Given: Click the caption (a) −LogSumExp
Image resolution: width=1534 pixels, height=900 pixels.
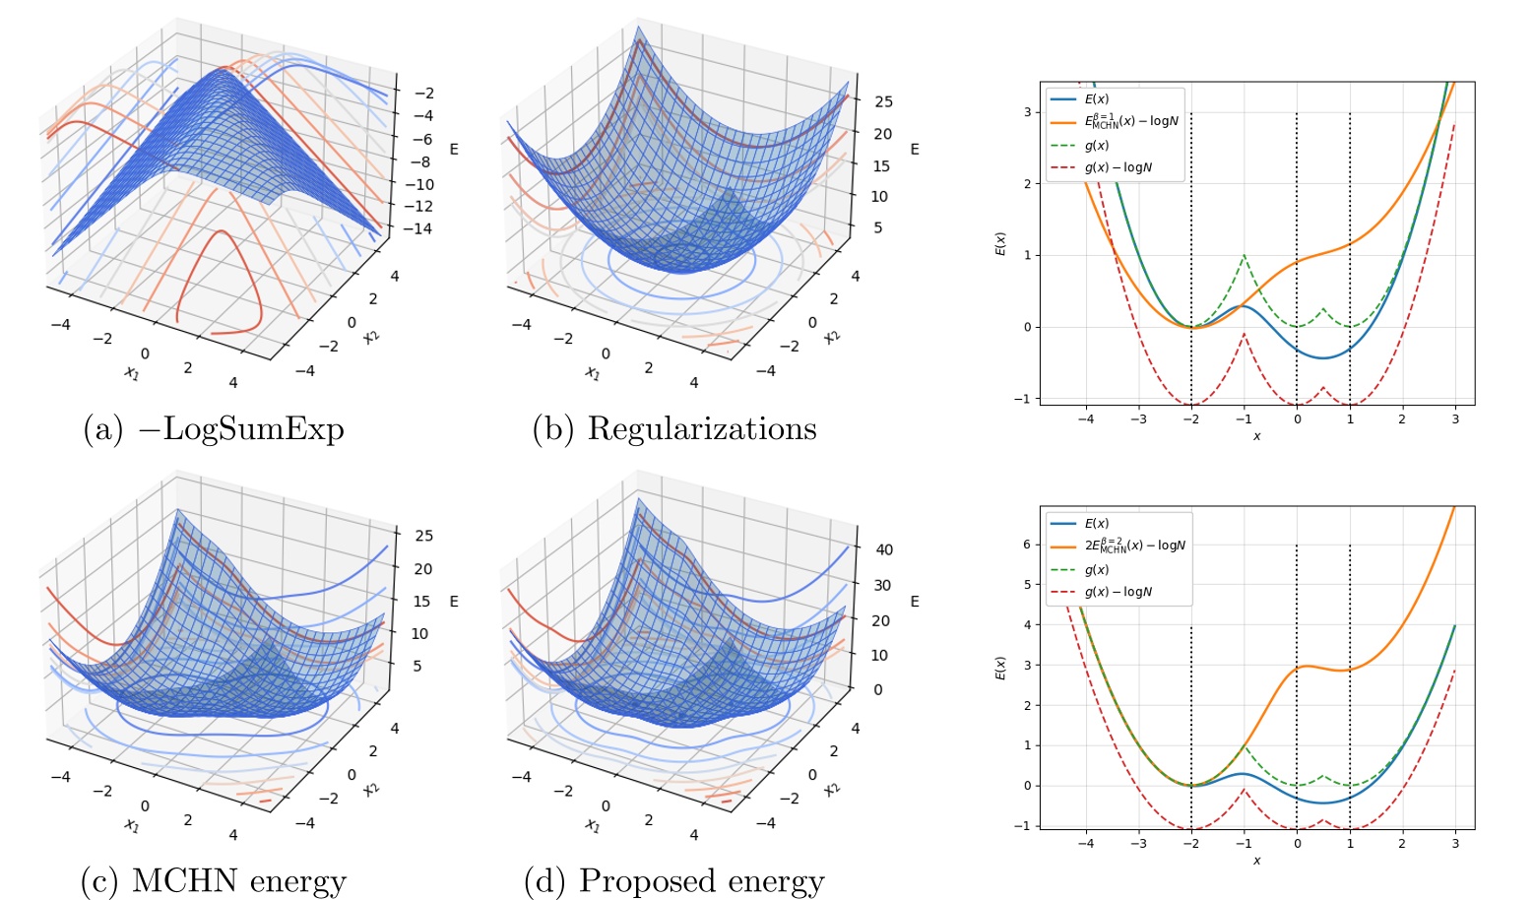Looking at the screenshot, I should [214, 429].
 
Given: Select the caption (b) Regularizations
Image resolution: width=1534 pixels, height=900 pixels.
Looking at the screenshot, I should [674, 429].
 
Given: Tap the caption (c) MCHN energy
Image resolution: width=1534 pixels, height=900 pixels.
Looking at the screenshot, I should [214, 880].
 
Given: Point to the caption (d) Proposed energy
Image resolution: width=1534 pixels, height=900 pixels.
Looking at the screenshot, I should [674, 880].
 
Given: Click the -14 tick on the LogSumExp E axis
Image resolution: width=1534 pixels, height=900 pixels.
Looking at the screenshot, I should [422, 228].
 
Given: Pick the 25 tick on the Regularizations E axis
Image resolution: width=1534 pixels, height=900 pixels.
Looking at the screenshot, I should [883, 101].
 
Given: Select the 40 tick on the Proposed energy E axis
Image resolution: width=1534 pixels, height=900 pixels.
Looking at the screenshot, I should [883, 550].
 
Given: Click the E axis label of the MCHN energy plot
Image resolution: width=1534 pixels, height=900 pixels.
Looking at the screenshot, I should [454, 601].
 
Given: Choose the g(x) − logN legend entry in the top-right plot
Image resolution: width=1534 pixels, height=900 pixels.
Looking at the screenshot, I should [1118, 167].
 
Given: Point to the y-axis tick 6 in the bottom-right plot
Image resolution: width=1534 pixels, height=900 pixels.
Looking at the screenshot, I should [1027, 545].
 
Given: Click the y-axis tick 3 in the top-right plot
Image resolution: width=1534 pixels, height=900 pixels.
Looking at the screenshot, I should [1027, 112].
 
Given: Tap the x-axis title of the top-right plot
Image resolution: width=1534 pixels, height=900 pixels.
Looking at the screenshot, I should [1256, 436].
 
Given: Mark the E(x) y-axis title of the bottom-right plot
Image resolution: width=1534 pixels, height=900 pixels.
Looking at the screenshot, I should [1000, 669].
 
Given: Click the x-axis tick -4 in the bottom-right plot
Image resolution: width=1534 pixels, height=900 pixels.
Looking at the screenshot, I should [1085, 843].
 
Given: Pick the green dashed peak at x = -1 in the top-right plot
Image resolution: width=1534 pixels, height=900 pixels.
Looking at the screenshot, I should [1245, 256].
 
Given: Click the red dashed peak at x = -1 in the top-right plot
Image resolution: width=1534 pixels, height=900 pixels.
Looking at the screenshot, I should [1245, 335].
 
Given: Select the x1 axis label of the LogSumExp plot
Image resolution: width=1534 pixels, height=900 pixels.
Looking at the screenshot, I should [132, 372].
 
